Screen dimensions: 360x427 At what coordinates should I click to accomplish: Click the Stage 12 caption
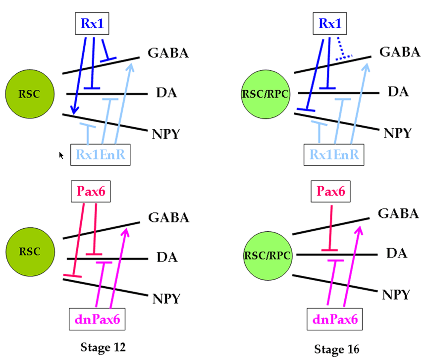(x=103, y=347)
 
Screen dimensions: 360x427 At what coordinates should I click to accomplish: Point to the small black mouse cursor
(x=61, y=155)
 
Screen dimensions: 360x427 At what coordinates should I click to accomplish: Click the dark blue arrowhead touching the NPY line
(x=74, y=112)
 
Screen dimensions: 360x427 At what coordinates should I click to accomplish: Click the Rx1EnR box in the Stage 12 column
(x=101, y=155)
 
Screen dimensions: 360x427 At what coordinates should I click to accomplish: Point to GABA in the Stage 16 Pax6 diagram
(x=398, y=213)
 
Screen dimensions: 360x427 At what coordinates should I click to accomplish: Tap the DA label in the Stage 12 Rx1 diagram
(x=167, y=93)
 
